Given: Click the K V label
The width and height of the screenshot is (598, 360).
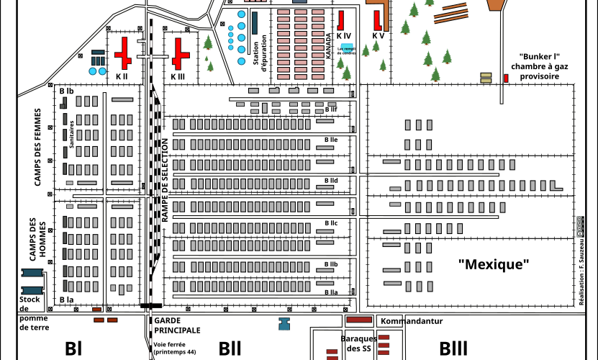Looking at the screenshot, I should tap(378, 35).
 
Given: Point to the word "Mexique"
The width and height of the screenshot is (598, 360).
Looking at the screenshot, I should tap(494, 264).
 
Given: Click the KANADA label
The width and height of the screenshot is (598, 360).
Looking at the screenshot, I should tap(329, 46).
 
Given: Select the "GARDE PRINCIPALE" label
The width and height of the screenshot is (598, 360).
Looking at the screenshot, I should tap(177, 325).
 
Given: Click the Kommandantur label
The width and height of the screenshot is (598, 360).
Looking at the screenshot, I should tap(411, 321).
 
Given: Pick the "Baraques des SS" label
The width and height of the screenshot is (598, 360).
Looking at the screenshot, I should tap(358, 343).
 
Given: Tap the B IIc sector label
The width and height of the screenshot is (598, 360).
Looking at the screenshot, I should tap(331, 223).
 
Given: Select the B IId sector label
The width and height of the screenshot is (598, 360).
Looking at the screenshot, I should tap(331, 180).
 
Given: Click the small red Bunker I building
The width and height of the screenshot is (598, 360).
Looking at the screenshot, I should tap(504, 77).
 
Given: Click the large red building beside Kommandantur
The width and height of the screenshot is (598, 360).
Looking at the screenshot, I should tap(359, 320).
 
